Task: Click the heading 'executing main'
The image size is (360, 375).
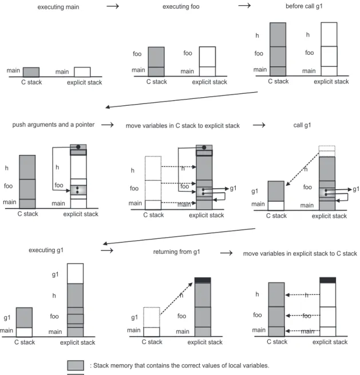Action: click(58, 7)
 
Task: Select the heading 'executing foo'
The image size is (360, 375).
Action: click(181, 7)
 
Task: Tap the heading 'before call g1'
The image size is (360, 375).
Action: click(304, 6)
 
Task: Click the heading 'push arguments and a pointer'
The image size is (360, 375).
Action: click(53, 125)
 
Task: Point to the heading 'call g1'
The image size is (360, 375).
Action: click(302, 125)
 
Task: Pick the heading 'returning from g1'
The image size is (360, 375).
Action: click(176, 252)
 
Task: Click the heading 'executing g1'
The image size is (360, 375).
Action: click(46, 250)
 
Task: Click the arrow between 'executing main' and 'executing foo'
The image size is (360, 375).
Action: click(113, 6)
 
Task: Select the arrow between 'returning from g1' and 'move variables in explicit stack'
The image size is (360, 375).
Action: click(226, 253)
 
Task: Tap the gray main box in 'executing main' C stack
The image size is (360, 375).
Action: click(31, 72)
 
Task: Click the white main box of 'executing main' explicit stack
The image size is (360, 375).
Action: click(82, 72)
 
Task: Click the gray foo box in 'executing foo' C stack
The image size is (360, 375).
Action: click(156, 57)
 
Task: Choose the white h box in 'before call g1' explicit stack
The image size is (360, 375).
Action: click(329, 34)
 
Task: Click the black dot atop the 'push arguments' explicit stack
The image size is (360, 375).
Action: click(78, 147)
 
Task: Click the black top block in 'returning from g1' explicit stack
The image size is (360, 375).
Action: click(203, 280)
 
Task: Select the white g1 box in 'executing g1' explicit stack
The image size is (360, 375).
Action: click(75, 274)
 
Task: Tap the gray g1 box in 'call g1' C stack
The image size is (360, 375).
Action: click(276, 191)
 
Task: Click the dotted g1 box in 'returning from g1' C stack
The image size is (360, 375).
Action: click(152, 317)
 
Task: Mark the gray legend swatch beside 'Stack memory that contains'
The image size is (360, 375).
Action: click(76, 365)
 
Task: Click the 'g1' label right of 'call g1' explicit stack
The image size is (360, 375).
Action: click(356, 189)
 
